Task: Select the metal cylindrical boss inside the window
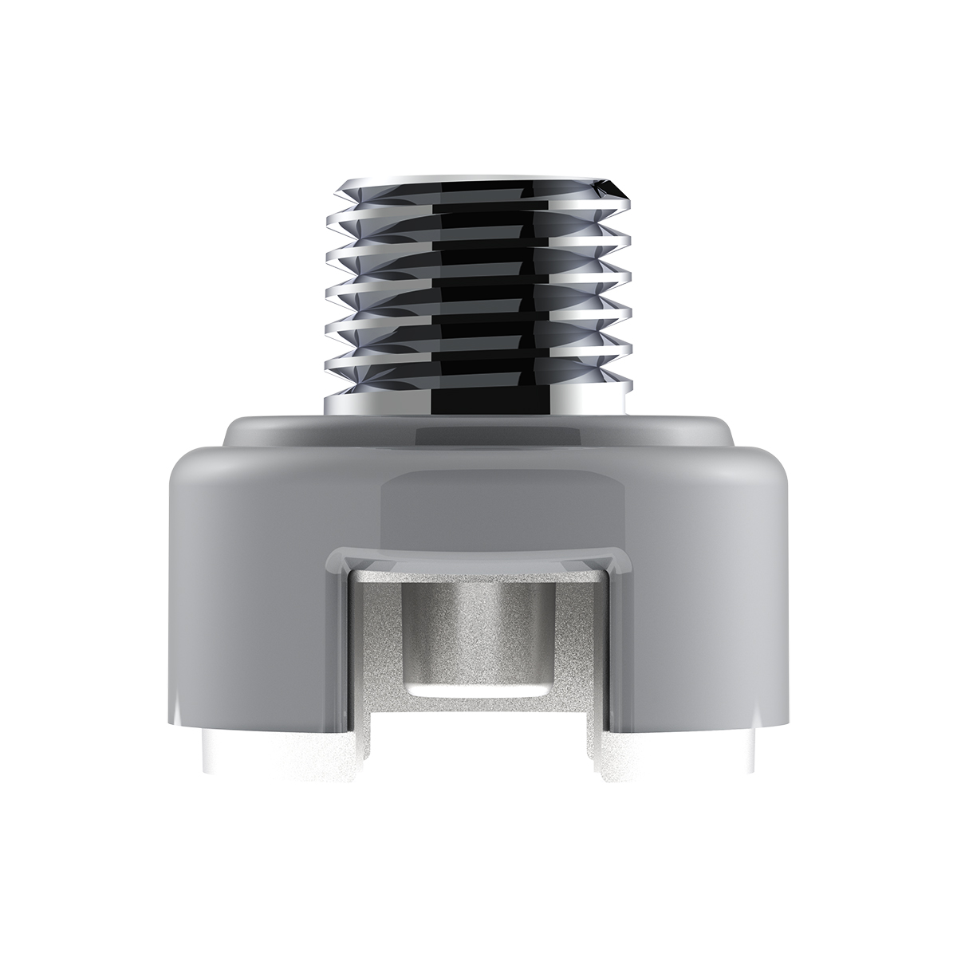tap(478, 630)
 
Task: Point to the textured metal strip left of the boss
tap(375, 638)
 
